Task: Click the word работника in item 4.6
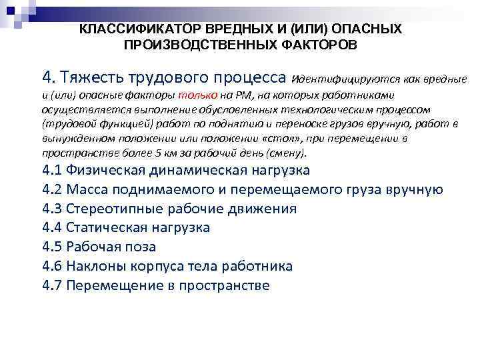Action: [255, 266]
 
